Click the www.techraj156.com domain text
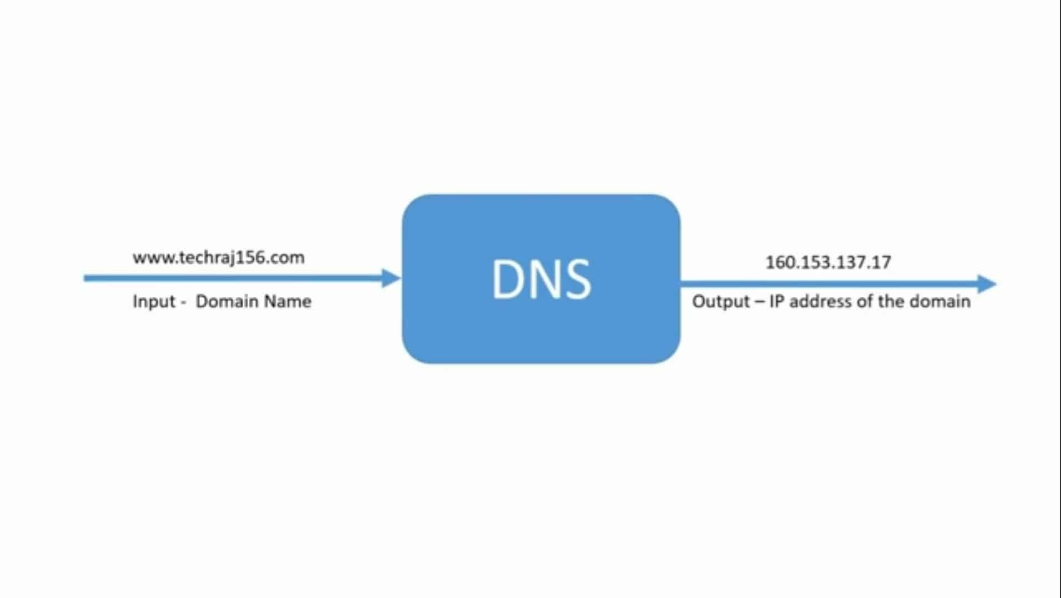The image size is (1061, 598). [x=218, y=257]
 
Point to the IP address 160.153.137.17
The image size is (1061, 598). [x=828, y=262]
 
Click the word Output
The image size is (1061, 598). [x=721, y=301]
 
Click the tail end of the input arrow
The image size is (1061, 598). [x=87, y=278]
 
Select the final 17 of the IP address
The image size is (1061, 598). [x=881, y=262]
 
